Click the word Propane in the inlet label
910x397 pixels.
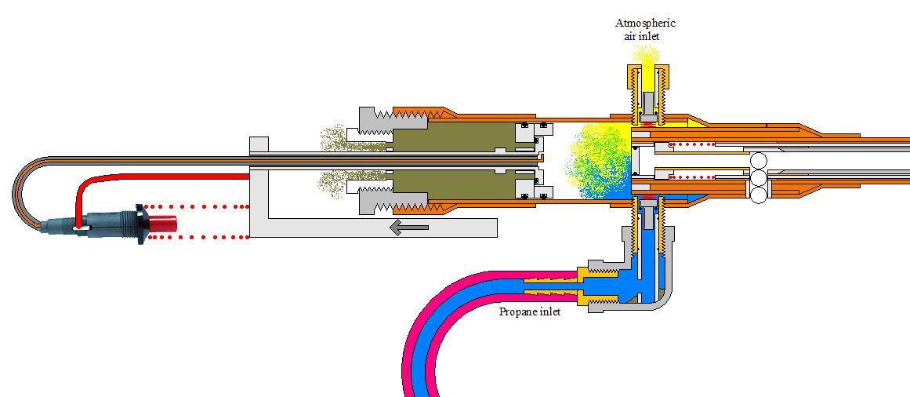[519, 311]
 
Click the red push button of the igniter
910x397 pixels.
[160, 223]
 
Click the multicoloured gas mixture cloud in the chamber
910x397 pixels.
[600, 161]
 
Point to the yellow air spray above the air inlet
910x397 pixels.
[646, 56]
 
